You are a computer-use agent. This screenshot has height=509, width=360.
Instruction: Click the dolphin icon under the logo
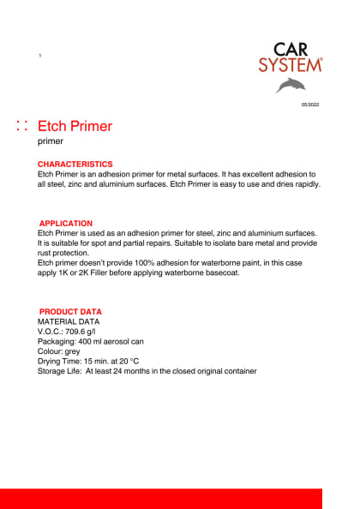tap(290, 84)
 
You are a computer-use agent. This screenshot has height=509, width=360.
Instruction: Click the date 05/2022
tap(309, 105)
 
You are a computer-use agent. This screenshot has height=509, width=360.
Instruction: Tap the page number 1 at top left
tap(40, 56)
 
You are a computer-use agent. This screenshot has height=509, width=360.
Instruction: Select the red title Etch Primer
tap(75, 126)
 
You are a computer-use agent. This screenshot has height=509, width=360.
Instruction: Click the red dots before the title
tap(23, 126)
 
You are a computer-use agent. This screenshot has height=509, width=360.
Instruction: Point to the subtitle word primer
tap(51, 142)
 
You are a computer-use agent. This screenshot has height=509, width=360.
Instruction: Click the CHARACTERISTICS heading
tap(75, 164)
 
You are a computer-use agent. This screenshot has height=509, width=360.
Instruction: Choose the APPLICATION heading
tap(66, 224)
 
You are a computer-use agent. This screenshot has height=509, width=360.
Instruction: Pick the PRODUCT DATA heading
tap(70, 312)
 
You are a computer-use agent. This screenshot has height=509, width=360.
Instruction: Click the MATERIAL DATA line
tap(69, 321)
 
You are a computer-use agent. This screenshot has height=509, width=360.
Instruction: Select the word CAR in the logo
tap(291, 49)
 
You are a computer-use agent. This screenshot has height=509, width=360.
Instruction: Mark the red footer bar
tap(161, 498)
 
